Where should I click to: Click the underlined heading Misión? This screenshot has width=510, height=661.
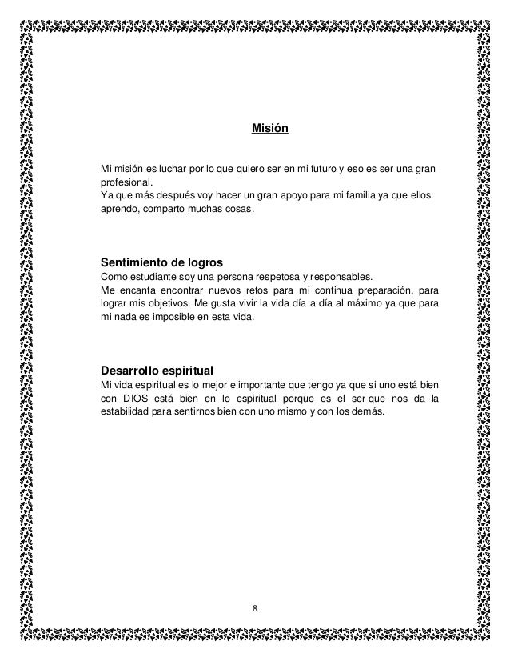(269, 128)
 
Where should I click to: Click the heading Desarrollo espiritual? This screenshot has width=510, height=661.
(155, 371)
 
